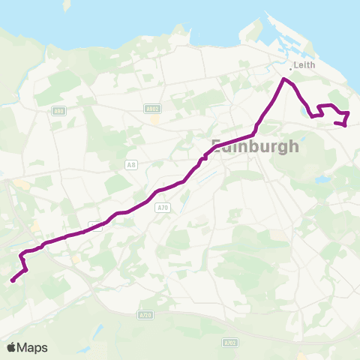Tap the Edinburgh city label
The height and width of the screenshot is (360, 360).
[x=255, y=145]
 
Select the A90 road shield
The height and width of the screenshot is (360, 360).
[x=58, y=111]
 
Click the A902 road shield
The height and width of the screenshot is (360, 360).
[x=152, y=109]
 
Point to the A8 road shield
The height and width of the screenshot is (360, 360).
[x=132, y=165]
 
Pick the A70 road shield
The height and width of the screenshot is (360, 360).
[x=164, y=208]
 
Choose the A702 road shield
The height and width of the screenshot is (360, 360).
[x=229, y=342]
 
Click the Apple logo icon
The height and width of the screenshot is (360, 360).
[x=13, y=347]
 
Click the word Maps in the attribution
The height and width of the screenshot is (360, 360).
[x=33, y=347]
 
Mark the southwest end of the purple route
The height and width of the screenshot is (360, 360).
[x=12, y=281]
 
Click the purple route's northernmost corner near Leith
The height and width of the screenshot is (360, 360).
[x=284, y=79]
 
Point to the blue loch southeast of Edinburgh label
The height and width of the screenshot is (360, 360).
[x=322, y=180]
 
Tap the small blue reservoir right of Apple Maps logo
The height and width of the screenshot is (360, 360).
[x=98, y=329]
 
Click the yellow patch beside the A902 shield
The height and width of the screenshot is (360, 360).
[x=154, y=118]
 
